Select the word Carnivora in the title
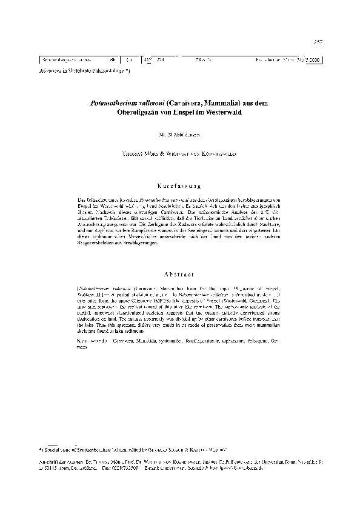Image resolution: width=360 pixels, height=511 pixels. [175, 104]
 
